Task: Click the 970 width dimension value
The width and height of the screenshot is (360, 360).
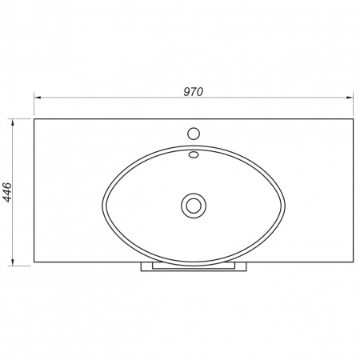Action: coord(194,92)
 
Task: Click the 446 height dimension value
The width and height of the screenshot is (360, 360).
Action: coord(7,192)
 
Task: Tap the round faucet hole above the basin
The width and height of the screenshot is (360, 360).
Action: coord(194,134)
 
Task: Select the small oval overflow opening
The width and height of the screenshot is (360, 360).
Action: coord(194,154)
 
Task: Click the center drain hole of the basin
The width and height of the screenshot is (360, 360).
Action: coord(194,206)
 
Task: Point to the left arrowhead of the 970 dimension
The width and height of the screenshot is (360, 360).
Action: coord(38,98)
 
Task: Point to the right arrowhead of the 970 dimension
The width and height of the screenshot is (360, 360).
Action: coord(350,98)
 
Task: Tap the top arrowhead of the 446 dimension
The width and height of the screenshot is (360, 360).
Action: coord(12,122)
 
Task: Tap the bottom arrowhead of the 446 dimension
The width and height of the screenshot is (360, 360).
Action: coord(12,262)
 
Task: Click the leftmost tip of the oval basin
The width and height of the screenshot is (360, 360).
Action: coord(102,206)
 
